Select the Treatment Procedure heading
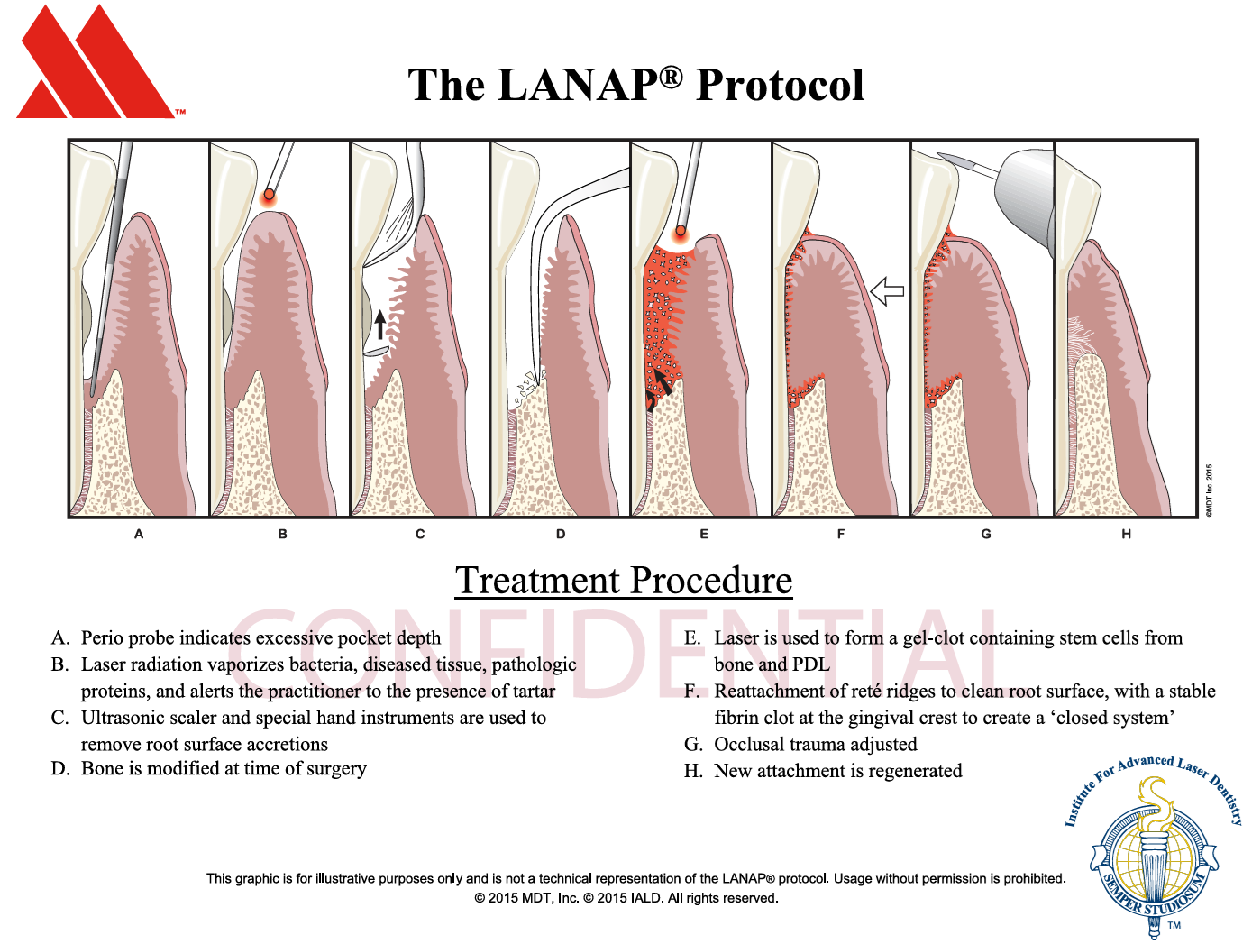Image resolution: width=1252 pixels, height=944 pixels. click(623, 580)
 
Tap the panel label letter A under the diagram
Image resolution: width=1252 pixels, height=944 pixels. click(139, 534)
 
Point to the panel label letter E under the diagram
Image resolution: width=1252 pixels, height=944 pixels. click(703, 534)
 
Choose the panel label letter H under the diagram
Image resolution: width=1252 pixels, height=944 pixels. click(1126, 534)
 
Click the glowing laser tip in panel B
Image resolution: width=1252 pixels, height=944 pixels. click(269, 197)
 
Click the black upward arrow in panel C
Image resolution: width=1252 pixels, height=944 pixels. click(379, 325)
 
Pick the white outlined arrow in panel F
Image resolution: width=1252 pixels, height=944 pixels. click(887, 291)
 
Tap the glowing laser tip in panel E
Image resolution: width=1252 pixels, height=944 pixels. click(680, 232)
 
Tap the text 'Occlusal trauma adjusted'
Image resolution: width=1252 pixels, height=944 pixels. click(816, 745)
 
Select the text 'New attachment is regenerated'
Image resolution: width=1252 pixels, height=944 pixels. click(838, 771)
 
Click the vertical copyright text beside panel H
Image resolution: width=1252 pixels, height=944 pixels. click(1210, 490)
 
